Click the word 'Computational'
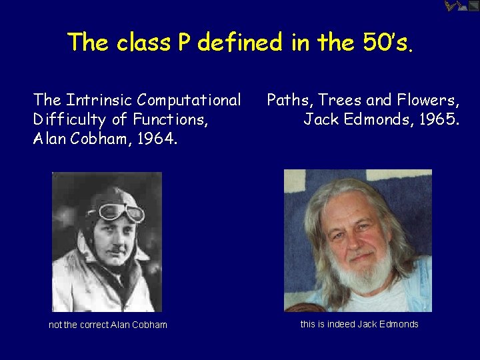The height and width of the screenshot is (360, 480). pos(189,101)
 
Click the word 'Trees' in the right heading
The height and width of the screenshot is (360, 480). pos(340,101)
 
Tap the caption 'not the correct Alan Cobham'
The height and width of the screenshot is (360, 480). pos(108,325)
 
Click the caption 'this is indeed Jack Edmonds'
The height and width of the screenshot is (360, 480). pos(359,324)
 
